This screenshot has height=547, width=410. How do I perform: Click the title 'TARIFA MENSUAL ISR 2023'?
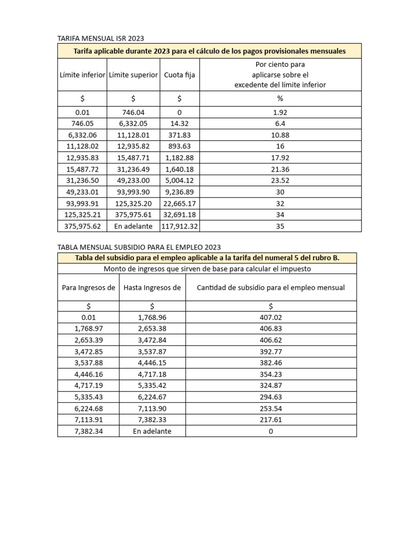101,38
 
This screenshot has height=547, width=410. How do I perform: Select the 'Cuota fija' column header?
179,75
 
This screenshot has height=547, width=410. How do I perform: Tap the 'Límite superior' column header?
133,75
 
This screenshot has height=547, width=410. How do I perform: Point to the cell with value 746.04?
133,113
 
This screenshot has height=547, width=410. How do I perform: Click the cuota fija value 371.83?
179,135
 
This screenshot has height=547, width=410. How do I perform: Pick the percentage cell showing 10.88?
280,135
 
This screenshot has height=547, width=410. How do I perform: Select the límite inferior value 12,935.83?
82,158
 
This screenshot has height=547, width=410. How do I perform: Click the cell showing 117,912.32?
179,226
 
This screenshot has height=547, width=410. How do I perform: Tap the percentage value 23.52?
280,181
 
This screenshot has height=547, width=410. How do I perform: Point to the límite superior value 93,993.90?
133,192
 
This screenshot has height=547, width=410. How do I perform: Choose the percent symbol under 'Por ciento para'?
280,99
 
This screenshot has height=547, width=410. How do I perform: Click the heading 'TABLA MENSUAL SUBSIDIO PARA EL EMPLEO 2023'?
139,247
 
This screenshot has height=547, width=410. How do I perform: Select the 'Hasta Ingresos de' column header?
152,288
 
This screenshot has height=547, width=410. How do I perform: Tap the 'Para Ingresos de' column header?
89,288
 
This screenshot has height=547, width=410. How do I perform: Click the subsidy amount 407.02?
271,317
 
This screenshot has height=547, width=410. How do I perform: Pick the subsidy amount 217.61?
271,420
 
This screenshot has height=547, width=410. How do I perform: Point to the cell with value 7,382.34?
89,431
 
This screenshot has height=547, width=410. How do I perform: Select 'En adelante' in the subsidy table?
152,431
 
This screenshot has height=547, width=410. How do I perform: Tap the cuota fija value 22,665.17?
179,204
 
